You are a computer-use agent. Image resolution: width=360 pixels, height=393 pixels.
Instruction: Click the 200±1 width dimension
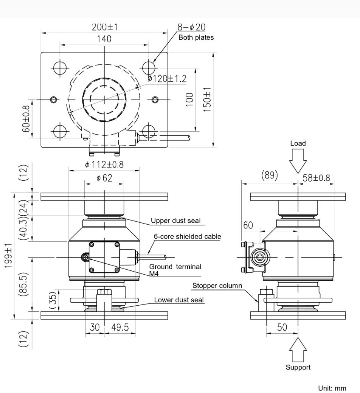tap(104, 27)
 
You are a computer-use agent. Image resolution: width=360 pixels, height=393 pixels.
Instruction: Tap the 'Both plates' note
tap(196, 37)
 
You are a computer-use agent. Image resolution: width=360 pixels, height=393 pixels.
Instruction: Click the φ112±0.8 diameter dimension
tap(104, 165)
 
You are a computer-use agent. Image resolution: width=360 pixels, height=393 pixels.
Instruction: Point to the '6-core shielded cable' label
tap(187, 236)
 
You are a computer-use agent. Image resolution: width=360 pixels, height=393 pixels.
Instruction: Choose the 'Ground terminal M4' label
tap(175, 270)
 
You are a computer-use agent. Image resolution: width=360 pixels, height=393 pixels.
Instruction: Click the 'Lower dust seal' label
tap(179, 300)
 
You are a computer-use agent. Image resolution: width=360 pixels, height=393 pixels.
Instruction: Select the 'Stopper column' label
tap(217, 286)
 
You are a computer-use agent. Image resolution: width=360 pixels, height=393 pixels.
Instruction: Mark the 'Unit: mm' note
tap(333, 388)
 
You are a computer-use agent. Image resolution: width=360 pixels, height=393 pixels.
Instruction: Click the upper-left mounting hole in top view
tap(59, 68)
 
